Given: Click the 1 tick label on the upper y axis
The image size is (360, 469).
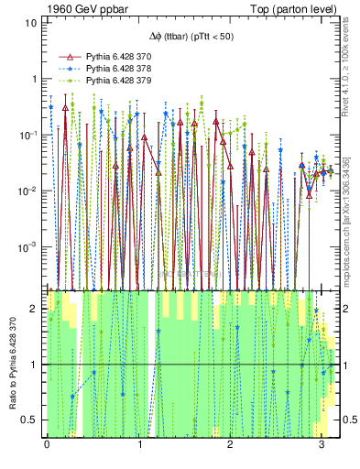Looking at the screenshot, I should (34, 79).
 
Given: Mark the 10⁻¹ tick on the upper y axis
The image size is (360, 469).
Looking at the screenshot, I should (29, 135).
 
